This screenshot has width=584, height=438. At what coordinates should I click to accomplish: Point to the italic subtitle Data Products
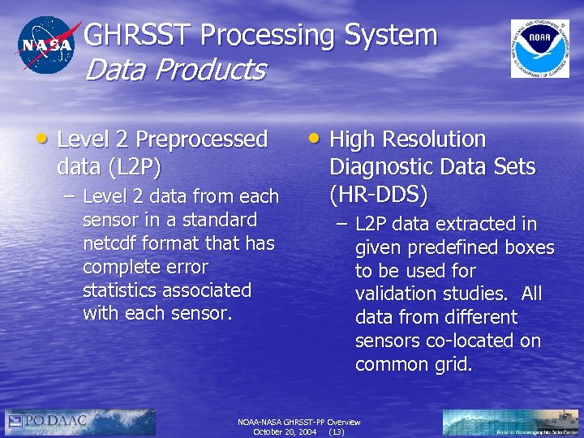174,71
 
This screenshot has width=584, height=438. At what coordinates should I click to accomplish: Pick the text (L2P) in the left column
110,167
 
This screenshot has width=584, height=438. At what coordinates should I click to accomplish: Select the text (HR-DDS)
378,195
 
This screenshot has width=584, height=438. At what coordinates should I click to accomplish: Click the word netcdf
112,243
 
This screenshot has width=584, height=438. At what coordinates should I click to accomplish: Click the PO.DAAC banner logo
80,422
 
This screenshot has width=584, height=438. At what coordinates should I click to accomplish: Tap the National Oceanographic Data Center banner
511,422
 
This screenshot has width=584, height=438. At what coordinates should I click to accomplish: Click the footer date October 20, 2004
285,432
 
